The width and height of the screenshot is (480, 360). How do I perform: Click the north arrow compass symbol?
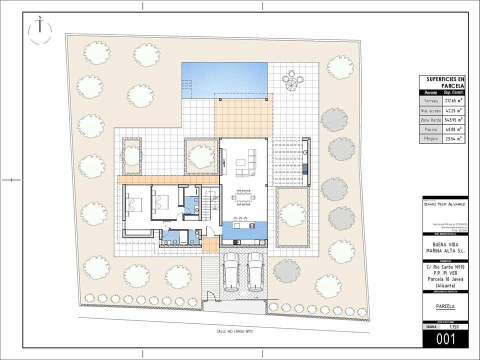coord(40,30)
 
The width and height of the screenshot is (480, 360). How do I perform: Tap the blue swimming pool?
coord(224,80)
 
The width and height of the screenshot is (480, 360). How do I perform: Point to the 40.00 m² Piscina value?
coord(453,129)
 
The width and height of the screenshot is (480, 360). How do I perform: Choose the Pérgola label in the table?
coord(430,138)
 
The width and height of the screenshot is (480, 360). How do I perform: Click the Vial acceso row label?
coord(430,110)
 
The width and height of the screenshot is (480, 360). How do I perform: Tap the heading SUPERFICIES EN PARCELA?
coord(445,82)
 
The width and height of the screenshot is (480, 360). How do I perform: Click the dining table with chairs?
coord(243,197)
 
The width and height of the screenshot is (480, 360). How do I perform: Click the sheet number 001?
coord(445,339)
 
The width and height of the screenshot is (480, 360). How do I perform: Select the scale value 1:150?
coord(454,327)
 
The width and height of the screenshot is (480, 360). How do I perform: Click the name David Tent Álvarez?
coord(445,204)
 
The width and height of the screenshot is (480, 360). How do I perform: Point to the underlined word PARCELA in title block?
coord(445,306)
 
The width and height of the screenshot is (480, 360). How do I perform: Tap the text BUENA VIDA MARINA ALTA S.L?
coord(445,247)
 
